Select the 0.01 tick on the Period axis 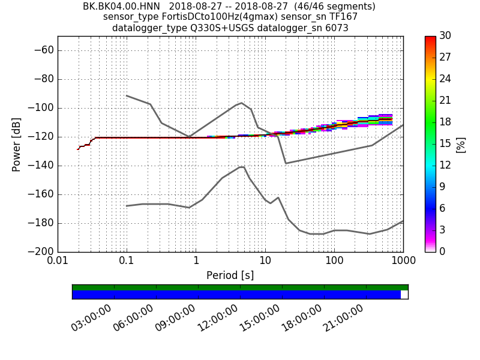tap(58, 262)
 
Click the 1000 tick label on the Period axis tap(403, 262)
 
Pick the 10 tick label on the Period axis tap(265, 262)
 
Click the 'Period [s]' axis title tap(230, 275)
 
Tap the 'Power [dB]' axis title tap(16, 144)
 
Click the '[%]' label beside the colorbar tap(461, 144)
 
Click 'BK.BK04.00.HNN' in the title tap(121, 7)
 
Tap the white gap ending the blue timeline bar tap(404, 295)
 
